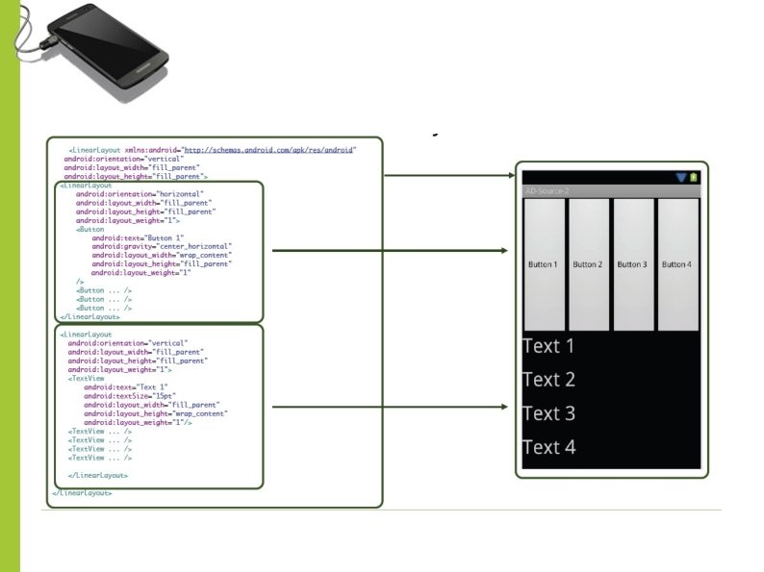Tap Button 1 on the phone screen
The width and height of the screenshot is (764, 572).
(x=543, y=264)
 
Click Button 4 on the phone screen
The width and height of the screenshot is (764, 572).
(x=676, y=264)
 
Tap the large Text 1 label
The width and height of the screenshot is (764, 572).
(x=548, y=347)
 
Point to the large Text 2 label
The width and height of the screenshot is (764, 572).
(x=548, y=380)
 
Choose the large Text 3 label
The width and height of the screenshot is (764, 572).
(x=548, y=413)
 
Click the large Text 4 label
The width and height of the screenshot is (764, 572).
(x=548, y=447)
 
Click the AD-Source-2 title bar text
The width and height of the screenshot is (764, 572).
(x=548, y=191)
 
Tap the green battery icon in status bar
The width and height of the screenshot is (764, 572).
(x=695, y=177)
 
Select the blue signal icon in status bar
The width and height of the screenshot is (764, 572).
(x=681, y=177)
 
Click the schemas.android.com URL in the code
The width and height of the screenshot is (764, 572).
(x=269, y=150)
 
